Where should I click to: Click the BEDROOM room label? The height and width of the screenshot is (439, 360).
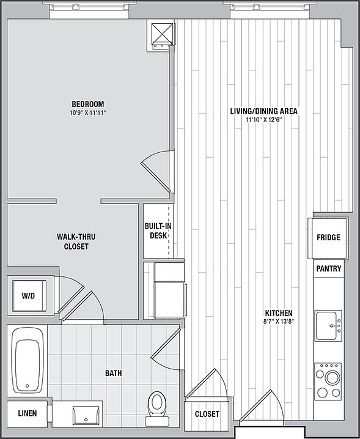point(88,104)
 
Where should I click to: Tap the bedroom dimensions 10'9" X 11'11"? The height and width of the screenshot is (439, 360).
point(89,113)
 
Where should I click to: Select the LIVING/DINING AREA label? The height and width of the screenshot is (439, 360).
point(263,111)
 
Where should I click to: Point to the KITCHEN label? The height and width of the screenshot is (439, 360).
point(279,312)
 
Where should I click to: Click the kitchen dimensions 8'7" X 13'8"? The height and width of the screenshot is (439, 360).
point(279,322)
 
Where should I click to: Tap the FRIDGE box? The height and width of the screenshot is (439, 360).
point(328,238)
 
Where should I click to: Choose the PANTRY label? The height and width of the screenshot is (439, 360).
point(329,268)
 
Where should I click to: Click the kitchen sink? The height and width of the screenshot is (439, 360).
point(328,326)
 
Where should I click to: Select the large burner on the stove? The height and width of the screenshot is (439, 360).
point(332,378)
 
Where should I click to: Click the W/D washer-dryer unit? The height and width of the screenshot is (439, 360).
point(29,296)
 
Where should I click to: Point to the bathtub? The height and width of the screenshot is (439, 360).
point(27,360)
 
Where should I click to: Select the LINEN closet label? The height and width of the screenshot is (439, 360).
point(28,413)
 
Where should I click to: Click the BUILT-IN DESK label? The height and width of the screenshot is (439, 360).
point(158,231)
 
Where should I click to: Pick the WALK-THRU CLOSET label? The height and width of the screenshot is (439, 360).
point(76,242)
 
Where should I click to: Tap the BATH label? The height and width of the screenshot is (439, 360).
point(113,373)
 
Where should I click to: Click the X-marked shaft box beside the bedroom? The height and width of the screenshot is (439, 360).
point(162,33)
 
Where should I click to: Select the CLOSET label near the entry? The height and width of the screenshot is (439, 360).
point(207,414)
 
